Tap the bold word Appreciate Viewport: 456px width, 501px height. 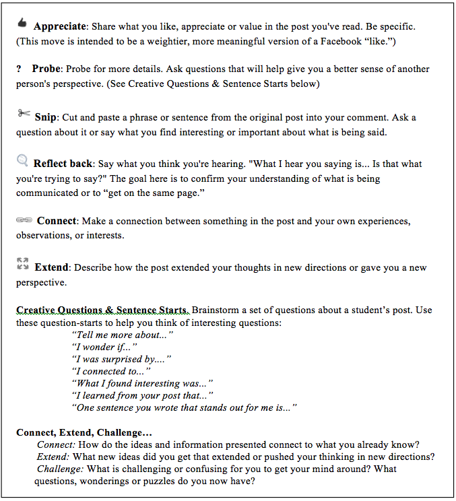coord(60,27)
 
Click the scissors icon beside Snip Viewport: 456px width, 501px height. coord(24,113)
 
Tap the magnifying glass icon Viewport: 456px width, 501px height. coord(22,160)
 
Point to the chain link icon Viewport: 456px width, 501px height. coord(24,220)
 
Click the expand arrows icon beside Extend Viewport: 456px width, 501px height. coord(23,263)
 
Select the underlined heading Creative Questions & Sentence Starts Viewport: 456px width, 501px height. coord(102,310)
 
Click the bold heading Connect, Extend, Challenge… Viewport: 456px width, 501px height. coord(84,432)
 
